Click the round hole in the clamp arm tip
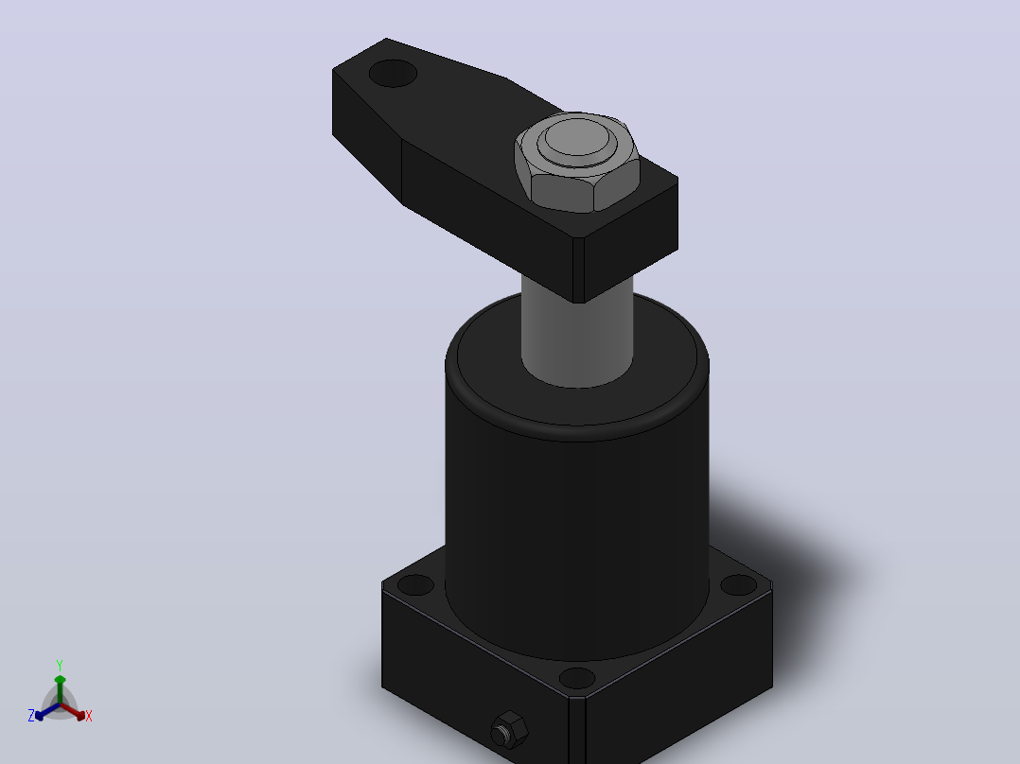point(393,74)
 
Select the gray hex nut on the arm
point(577,163)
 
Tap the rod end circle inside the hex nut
point(577,138)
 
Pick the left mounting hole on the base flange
point(415,584)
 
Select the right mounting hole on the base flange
point(739,584)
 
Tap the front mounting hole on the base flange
point(577,678)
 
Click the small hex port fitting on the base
point(509,730)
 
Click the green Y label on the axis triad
point(60,665)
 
